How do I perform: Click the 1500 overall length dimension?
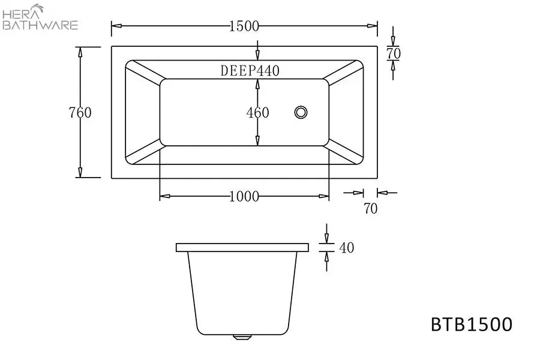click(244, 26)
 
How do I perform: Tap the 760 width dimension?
click(80, 113)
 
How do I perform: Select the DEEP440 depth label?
click(250, 71)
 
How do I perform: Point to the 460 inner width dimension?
click(257, 113)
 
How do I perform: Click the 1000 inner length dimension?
click(244, 196)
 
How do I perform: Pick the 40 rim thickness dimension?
click(346, 248)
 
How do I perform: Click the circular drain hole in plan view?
click(301, 112)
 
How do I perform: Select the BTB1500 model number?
click(472, 324)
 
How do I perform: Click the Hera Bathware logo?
click(40, 17)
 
